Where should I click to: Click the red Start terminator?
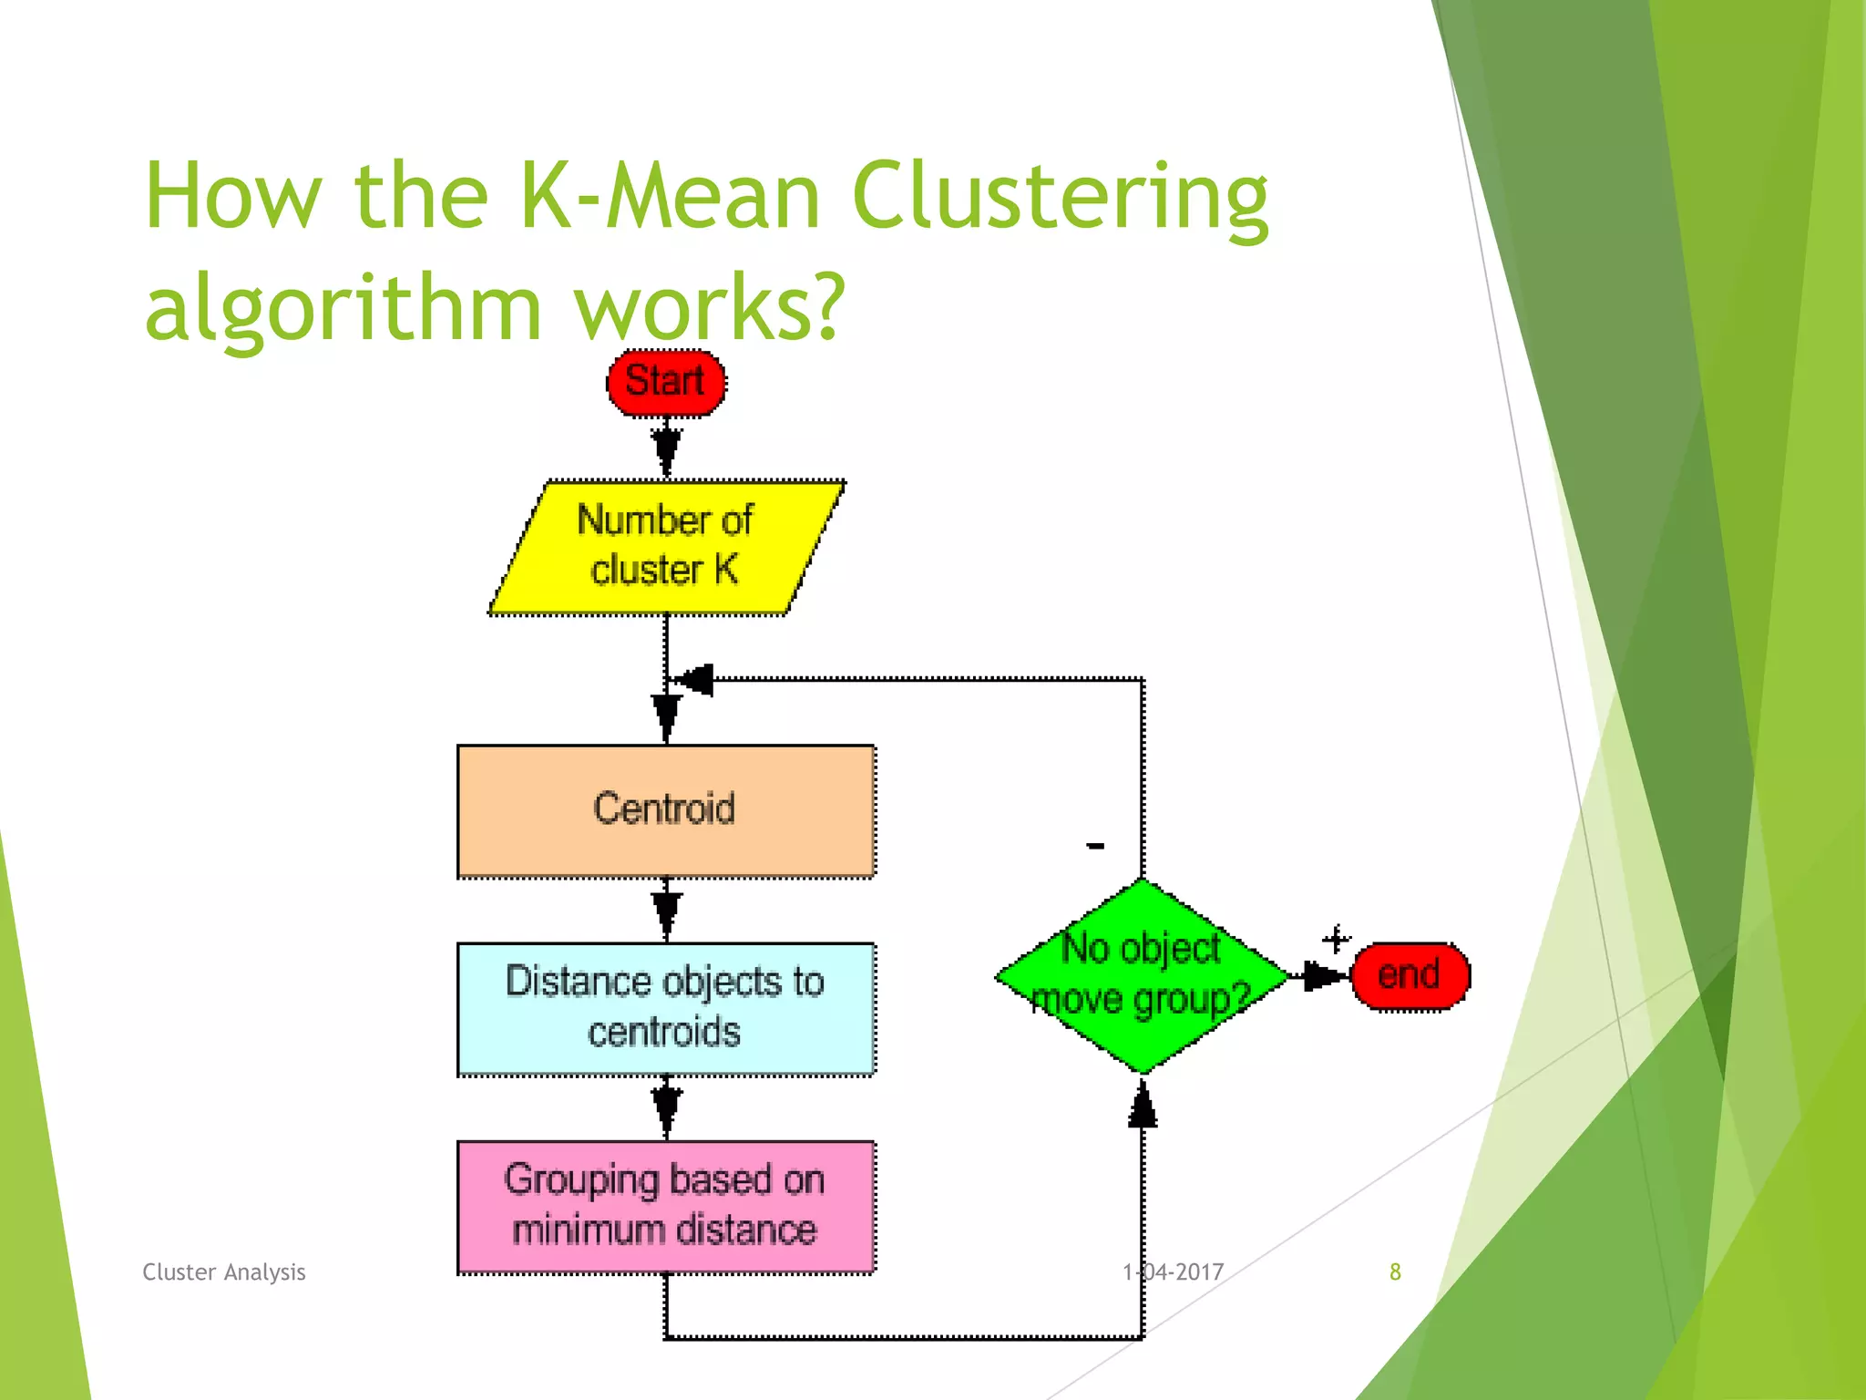click(666, 383)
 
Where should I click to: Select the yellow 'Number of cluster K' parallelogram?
click(666, 547)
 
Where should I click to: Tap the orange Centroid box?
click(666, 810)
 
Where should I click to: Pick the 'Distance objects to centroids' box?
click(666, 1008)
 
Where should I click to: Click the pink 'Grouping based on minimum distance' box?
click(666, 1206)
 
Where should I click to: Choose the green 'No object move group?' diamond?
click(1142, 976)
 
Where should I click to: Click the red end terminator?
click(1410, 976)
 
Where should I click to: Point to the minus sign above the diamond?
click(1096, 847)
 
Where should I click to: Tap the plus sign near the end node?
click(1337, 939)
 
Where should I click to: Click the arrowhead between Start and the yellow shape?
click(666, 448)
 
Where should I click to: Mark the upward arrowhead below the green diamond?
click(1143, 1107)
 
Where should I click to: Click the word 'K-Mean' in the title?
click(670, 196)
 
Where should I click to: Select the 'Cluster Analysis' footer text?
click(224, 1271)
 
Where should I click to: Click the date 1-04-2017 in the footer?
click(1173, 1271)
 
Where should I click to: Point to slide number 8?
click(1395, 1271)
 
